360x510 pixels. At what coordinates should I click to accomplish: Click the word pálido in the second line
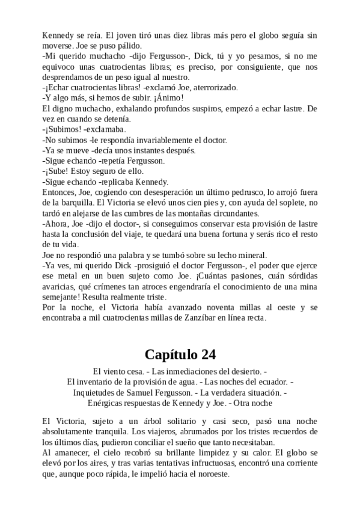(128, 46)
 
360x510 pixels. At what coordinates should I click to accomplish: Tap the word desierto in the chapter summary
(242, 371)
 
